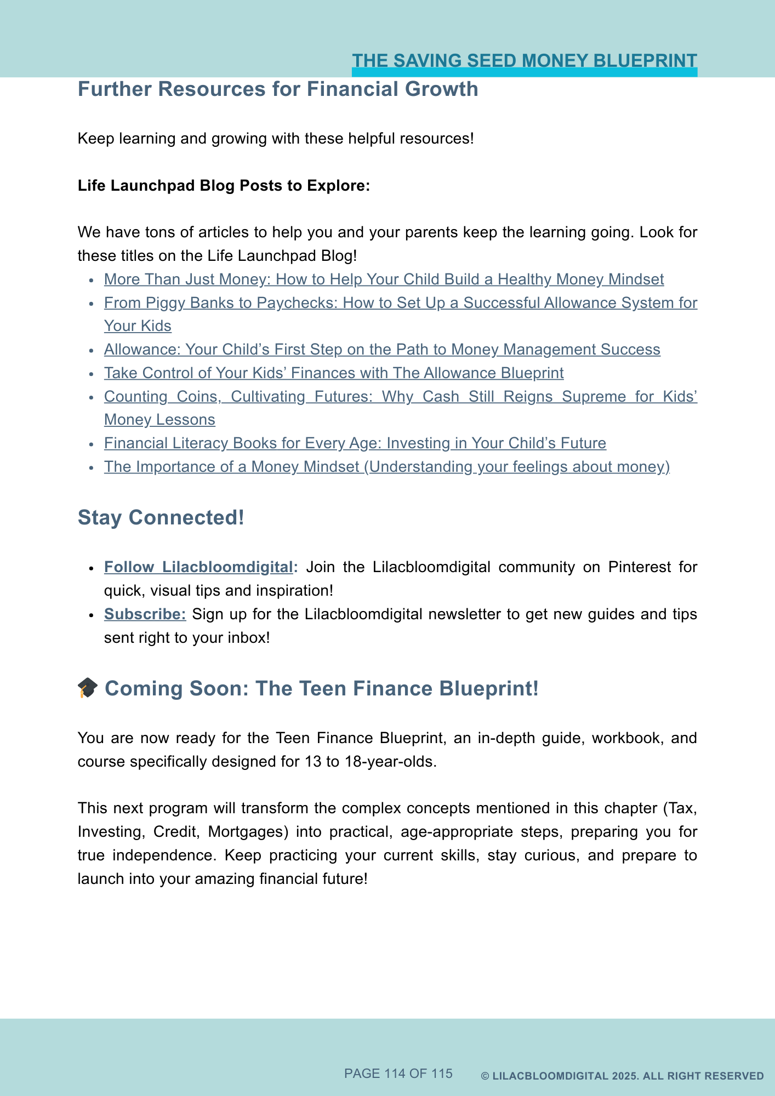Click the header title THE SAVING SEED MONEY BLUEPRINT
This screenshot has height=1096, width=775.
pyautogui.click(x=524, y=60)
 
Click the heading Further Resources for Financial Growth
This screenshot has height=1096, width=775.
pyautogui.click(x=278, y=89)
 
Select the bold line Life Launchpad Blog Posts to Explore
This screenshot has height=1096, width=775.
pyautogui.click(x=224, y=185)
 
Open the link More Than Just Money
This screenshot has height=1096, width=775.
pyautogui.click(x=384, y=279)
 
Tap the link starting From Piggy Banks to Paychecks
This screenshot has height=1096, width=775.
pyautogui.click(x=400, y=303)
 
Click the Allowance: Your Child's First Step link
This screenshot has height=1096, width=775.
pyautogui.click(x=382, y=350)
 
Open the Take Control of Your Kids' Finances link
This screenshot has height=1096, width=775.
pyautogui.click(x=334, y=373)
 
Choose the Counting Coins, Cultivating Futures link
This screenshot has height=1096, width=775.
pyautogui.click(x=400, y=397)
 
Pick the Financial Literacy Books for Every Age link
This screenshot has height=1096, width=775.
pyautogui.click(x=355, y=443)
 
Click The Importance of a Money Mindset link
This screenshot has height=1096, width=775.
pyautogui.click(x=387, y=467)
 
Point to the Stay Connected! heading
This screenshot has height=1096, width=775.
pyautogui.click(x=161, y=518)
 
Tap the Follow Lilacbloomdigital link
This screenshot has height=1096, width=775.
pyautogui.click(x=198, y=567)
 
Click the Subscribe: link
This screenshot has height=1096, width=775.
pyautogui.click(x=145, y=614)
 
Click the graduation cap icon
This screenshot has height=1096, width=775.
pyautogui.click(x=88, y=688)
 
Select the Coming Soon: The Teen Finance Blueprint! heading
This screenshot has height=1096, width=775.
pyautogui.click(x=322, y=689)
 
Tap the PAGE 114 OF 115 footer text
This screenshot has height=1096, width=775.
pyautogui.click(x=398, y=1074)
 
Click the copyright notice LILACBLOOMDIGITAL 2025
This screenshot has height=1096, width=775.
pyautogui.click(x=622, y=1076)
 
